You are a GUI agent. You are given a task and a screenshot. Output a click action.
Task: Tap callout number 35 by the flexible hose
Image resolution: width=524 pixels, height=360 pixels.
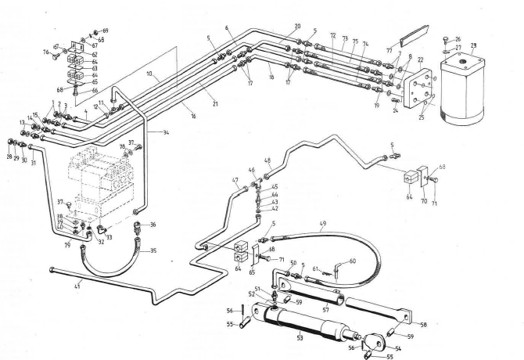[x=153, y=250]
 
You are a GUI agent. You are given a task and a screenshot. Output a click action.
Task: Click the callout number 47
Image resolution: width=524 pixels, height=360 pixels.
[x=234, y=181]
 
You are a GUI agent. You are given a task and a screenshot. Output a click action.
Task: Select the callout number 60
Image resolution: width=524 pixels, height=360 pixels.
[x=352, y=261]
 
